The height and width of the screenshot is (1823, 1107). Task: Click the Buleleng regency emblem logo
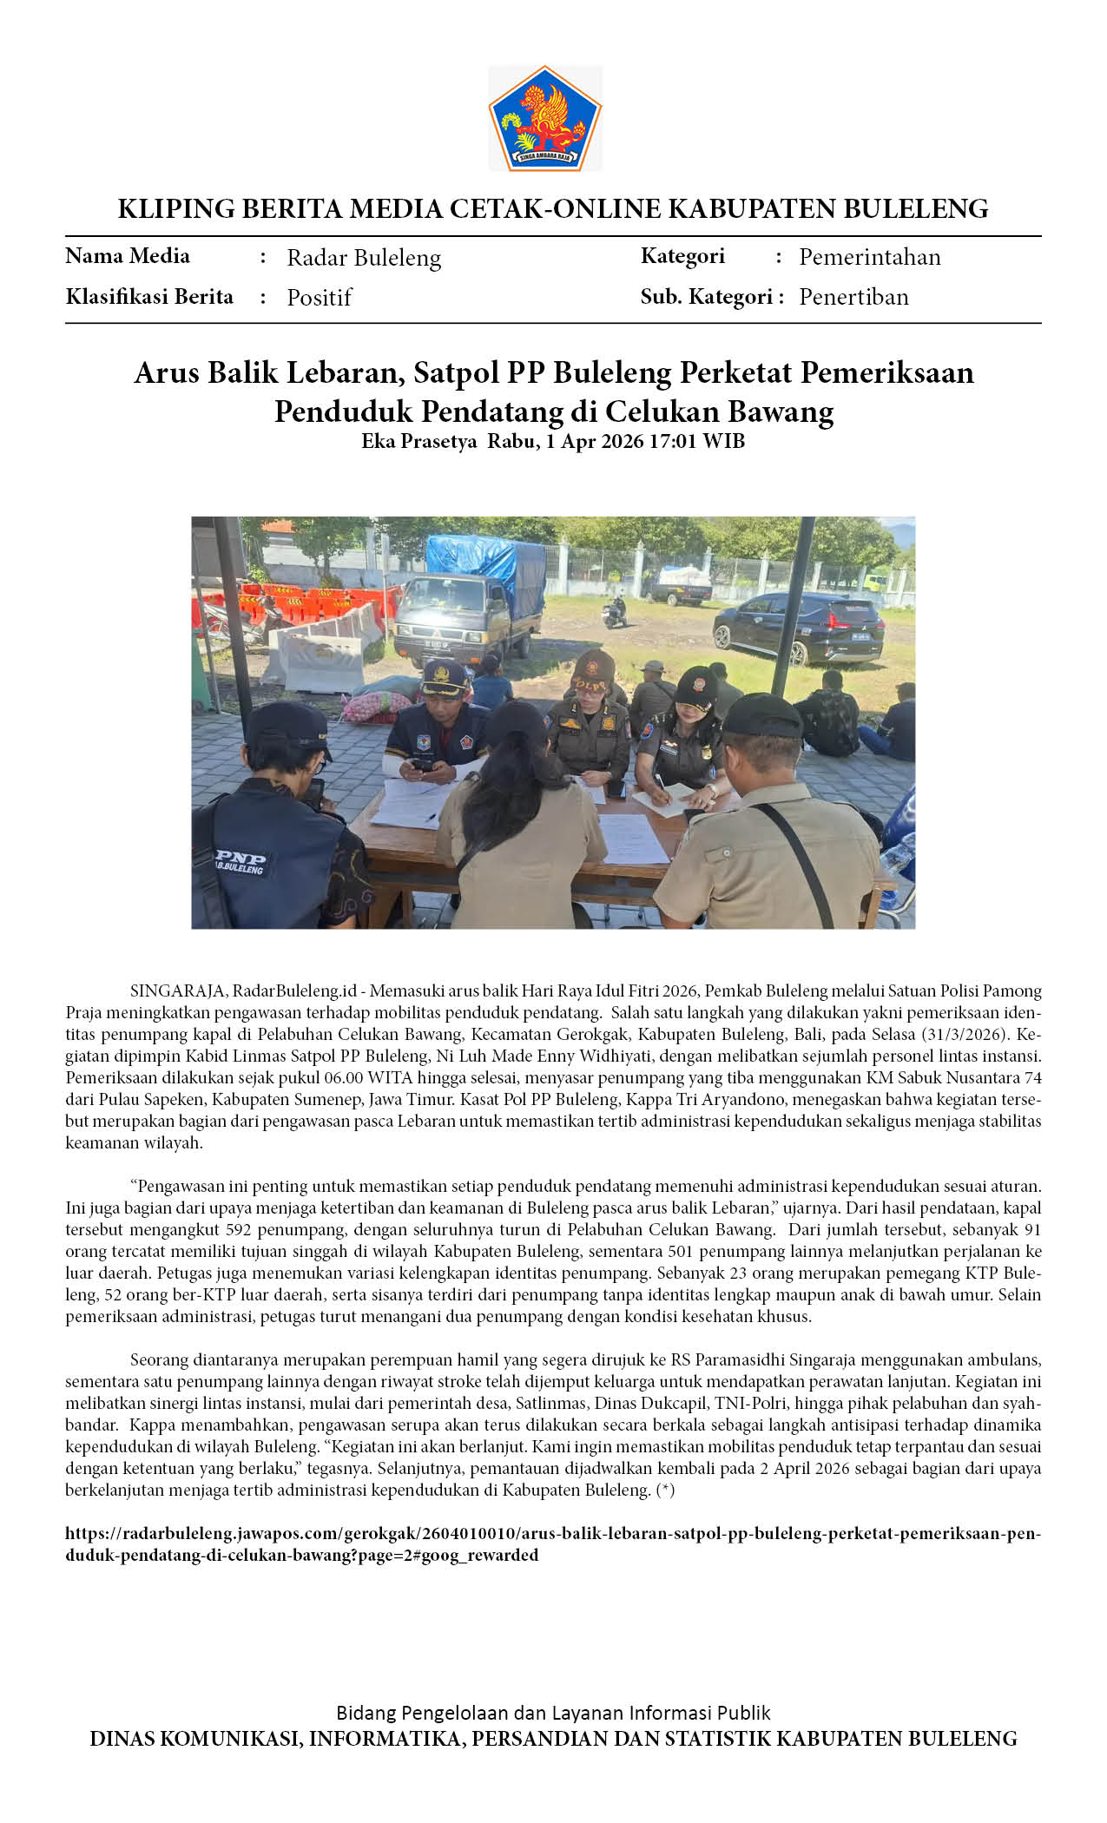(545, 117)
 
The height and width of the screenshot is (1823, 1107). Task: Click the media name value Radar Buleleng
(364, 258)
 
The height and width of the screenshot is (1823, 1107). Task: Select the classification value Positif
(319, 298)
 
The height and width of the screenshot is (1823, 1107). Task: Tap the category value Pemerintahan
(869, 257)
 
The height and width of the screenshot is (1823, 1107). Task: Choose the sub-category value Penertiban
(853, 297)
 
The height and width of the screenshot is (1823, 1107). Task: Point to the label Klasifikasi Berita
(149, 297)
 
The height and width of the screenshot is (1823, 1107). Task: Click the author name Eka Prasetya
(418, 441)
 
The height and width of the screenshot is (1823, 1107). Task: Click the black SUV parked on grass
(797, 624)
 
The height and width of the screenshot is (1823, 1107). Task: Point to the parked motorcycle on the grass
(615, 610)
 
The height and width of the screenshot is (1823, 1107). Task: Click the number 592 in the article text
(238, 1229)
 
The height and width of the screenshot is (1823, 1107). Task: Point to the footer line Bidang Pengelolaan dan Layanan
(553, 1713)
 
